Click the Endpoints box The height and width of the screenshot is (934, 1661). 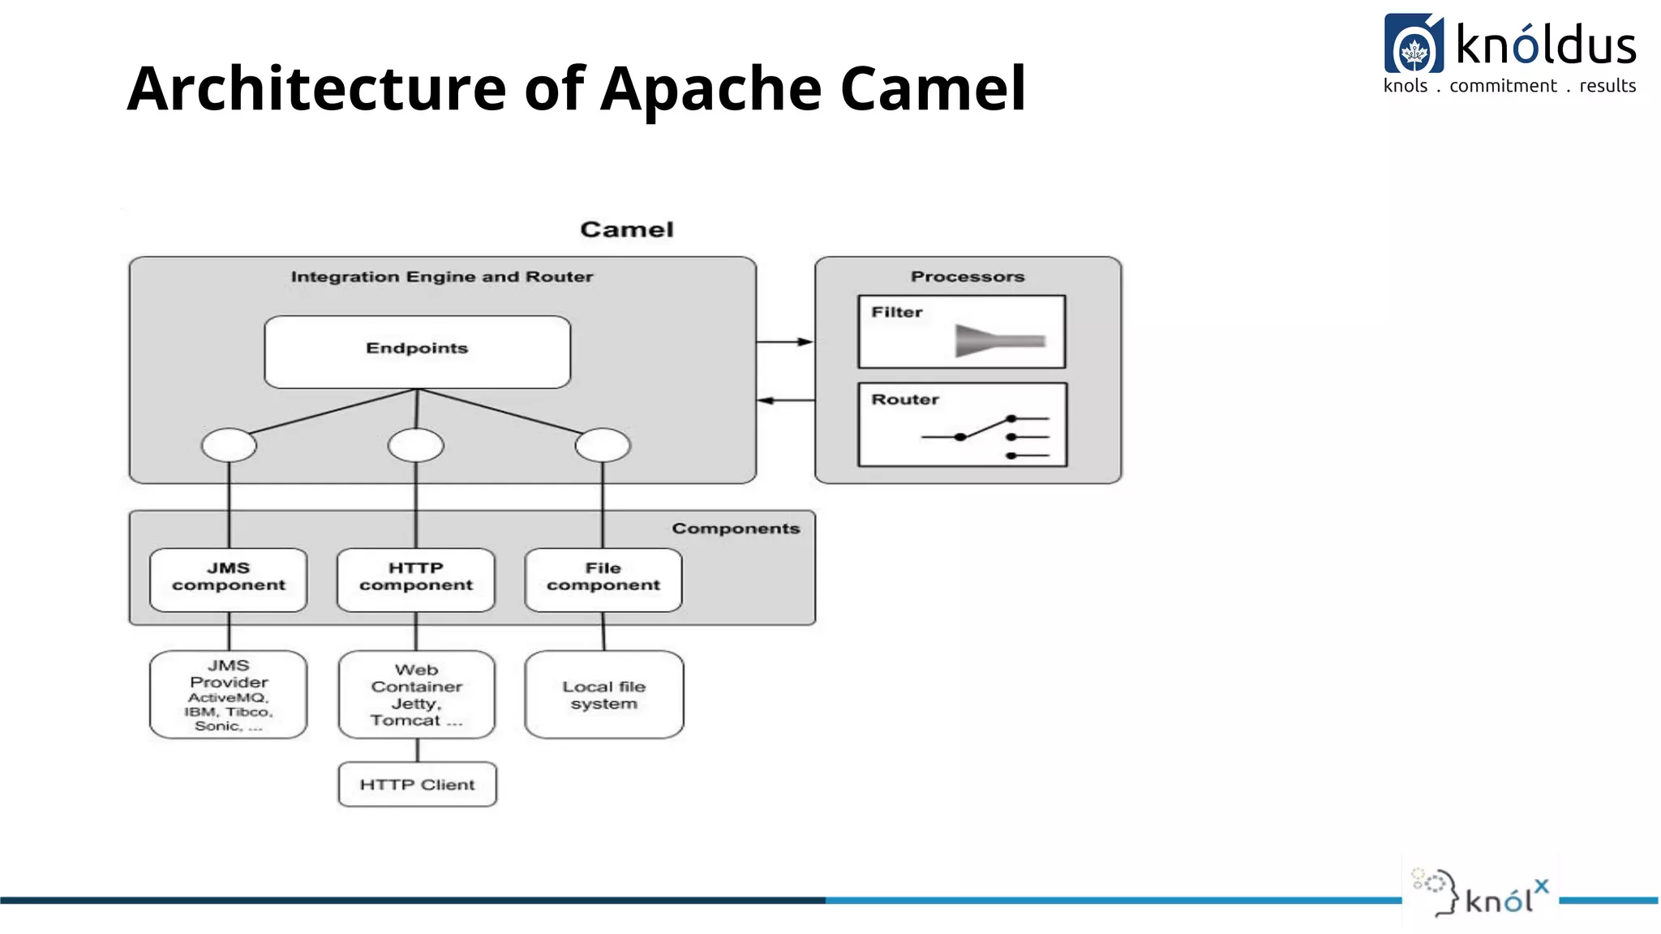pos(417,352)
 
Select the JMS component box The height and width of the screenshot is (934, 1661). pos(229,579)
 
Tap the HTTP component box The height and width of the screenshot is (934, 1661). pos(416,579)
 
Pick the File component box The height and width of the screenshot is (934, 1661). pos(603,579)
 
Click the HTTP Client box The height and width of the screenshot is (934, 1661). pos(417,784)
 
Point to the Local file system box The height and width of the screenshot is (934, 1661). pos(604,695)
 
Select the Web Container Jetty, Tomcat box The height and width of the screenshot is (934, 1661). pos(417,695)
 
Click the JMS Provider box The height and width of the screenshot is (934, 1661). pos(229,695)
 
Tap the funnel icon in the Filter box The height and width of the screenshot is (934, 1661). pos(998,341)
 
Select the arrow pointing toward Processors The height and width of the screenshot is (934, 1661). pos(785,342)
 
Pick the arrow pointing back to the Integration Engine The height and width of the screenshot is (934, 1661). pos(785,401)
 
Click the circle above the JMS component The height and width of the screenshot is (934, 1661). pos(229,445)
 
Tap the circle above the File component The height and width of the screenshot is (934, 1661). pos(603,445)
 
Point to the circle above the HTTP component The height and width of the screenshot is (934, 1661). pos(416,445)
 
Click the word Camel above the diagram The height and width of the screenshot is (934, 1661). pos(627,230)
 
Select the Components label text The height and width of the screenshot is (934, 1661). pos(736,529)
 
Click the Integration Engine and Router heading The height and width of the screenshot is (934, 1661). pos(442,277)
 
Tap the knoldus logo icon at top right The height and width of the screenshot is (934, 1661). pos(1414,44)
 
